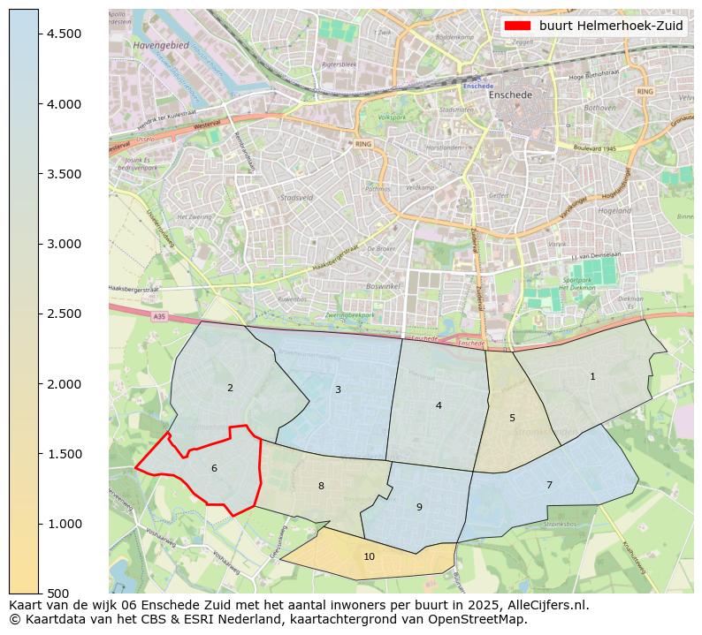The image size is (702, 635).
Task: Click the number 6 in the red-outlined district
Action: (214, 468)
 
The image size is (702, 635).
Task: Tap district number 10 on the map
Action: (369, 556)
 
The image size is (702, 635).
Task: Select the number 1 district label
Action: (592, 376)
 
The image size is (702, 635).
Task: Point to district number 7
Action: (549, 485)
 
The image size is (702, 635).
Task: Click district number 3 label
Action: (338, 389)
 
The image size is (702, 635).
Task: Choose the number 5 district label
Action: (512, 418)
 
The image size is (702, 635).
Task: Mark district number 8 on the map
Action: (321, 486)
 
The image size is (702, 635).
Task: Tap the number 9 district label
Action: (419, 507)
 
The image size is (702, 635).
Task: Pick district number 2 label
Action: (230, 388)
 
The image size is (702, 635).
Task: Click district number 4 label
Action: (439, 405)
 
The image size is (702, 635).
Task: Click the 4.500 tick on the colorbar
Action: (63, 34)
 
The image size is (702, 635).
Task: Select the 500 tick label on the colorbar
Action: (58, 593)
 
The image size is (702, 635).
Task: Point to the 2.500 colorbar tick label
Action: (63, 314)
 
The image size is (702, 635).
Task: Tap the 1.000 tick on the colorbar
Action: (63, 524)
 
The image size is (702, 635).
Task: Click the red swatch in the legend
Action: (517, 26)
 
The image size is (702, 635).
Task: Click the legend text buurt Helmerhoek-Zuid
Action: (611, 26)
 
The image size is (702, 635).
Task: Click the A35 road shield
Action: (158, 315)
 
